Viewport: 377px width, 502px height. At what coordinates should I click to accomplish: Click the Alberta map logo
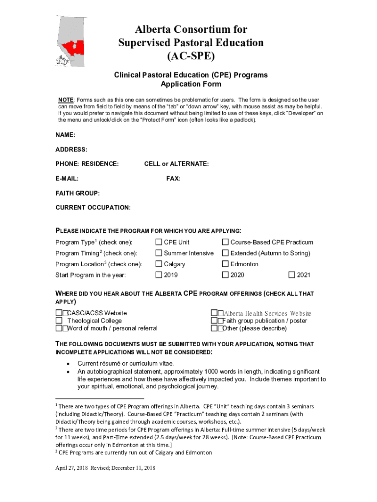(70, 42)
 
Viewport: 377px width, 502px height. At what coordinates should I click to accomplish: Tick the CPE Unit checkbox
(159, 242)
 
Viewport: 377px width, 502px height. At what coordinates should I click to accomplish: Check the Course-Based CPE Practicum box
(225, 242)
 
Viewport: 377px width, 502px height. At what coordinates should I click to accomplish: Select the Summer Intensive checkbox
(159, 253)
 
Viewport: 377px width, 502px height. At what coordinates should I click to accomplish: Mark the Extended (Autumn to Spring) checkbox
(225, 253)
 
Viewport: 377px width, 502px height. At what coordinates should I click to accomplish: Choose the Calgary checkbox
(159, 264)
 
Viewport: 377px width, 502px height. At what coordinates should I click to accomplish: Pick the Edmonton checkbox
(225, 264)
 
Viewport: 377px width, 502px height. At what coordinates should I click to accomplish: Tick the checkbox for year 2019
(159, 275)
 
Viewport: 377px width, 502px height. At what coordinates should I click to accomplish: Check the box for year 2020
(225, 275)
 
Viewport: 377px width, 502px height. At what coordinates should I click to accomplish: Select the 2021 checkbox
(292, 275)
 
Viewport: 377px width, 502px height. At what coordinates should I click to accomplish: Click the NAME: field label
(65, 135)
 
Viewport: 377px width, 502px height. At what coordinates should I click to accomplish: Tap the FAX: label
(173, 179)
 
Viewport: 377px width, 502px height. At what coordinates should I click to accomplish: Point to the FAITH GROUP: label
(77, 194)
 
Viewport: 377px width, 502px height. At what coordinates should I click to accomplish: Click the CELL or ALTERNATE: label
(176, 164)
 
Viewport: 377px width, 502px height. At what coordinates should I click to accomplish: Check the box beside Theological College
(59, 321)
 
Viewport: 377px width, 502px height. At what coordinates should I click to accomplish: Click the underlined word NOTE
(66, 100)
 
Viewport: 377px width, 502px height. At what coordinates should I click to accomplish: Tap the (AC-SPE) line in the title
(190, 56)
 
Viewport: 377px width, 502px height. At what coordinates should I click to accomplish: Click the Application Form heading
(190, 84)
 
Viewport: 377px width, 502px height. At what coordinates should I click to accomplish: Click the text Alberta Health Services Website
(267, 313)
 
